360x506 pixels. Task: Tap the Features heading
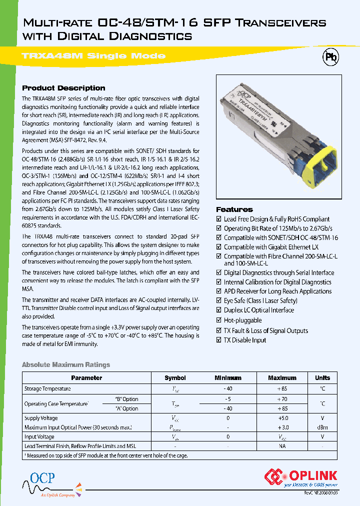tap(234, 209)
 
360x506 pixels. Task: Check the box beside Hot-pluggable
tap(218, 320)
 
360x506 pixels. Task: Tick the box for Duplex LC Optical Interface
tap(218, 310)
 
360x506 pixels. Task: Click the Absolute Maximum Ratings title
tap(66, 365)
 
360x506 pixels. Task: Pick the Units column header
tap(322, 378)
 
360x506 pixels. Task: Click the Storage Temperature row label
tap(47, 388)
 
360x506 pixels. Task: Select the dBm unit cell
tap(322, 427)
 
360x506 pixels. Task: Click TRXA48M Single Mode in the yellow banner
tap(93, 56)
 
